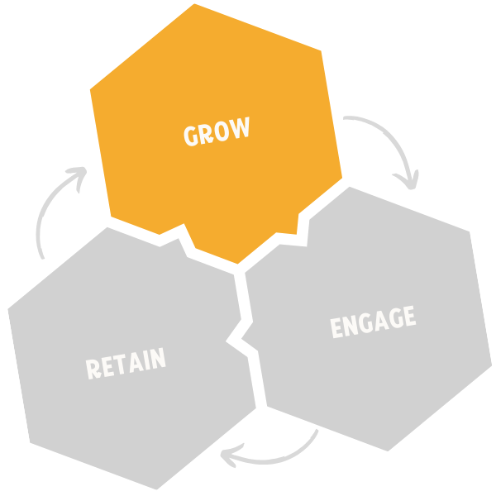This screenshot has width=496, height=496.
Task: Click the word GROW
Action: point(216,132)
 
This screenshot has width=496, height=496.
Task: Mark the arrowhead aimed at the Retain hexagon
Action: point(237,454)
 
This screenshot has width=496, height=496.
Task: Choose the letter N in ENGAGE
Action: point(350,325)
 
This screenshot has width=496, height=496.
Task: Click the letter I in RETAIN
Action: point(148,360)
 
